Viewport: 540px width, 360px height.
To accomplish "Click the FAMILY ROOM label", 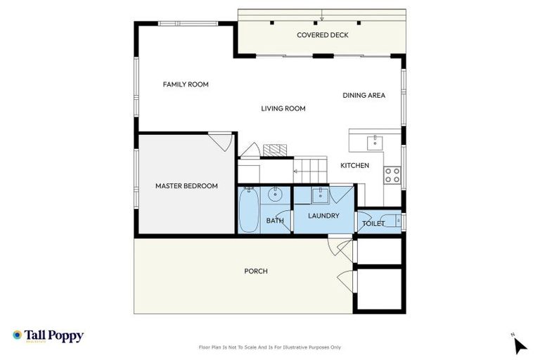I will [x=186, y=84].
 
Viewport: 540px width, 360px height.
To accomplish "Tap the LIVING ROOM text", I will [x=283, y=108].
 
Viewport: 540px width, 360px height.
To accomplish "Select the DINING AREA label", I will [x=364, y=95].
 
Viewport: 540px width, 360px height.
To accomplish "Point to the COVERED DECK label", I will [x=322, y=35].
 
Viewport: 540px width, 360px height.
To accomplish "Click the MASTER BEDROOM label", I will [x=186, y=186].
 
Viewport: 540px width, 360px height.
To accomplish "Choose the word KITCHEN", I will [x=354, y=165].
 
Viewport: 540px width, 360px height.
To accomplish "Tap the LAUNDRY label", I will [x=323, y=216].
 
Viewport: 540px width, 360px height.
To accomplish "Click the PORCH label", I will [x=256, y=271].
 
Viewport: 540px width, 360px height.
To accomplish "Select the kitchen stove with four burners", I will [x=392, y=174].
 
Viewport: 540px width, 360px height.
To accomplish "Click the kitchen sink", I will [x=375, y=141].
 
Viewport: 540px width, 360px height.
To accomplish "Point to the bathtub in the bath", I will [x=248, y=210].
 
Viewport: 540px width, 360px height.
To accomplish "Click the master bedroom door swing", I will [x=222, y=141].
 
